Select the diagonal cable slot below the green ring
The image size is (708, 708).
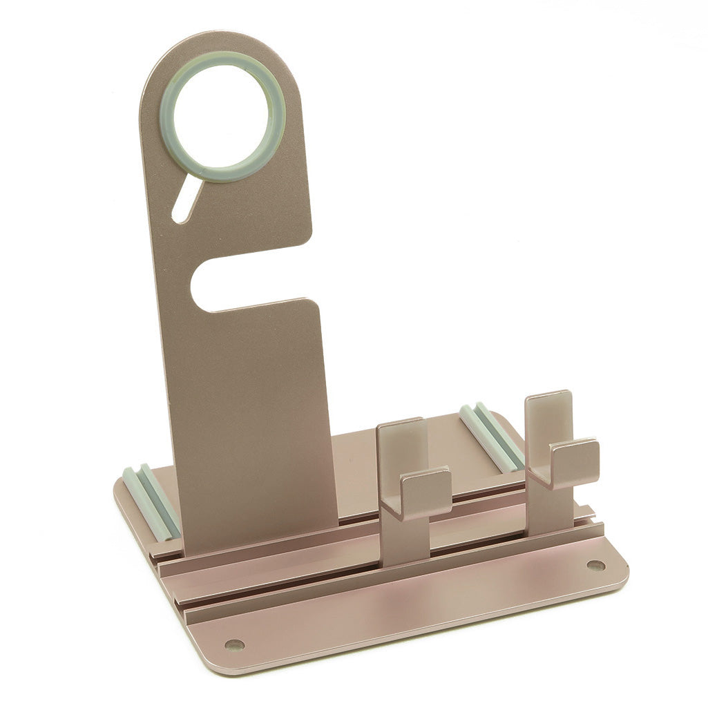point(186,200)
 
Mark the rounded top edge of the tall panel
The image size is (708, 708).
point(221,36)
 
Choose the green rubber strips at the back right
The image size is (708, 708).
point(492,437)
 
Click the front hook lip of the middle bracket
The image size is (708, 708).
point(425,492)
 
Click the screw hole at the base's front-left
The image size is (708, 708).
point(234,644)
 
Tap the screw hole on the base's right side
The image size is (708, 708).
point(595,565)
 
